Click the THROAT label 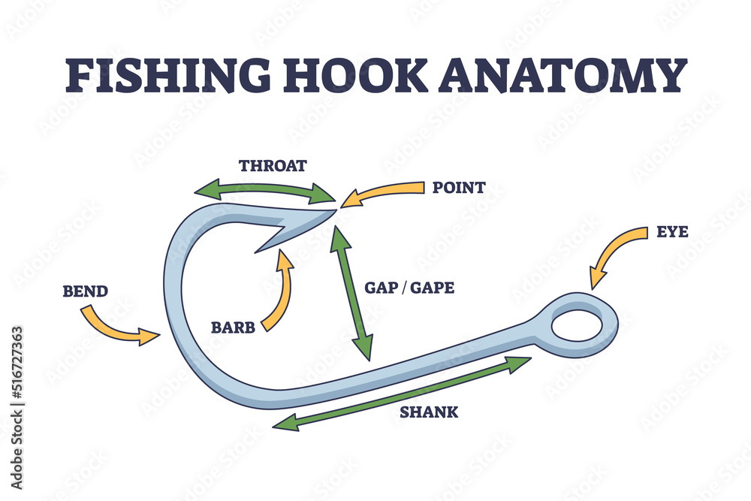pos(273,166)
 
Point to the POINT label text pos(458,187)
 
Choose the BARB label pos(234,327)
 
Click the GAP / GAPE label pos(409,288)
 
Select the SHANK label pos(429,412)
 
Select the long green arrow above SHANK pos(402,393)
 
